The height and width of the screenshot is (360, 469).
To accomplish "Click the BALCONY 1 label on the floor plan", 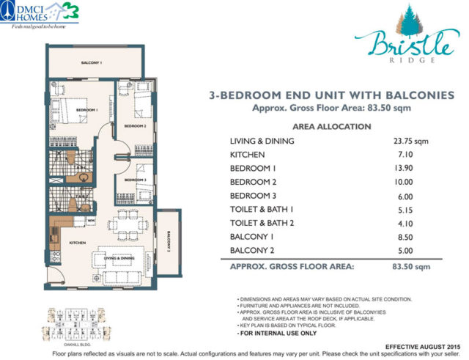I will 91,63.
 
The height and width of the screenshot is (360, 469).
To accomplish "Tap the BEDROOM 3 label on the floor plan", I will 136,180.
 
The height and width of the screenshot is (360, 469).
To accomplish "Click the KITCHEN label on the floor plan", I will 78,242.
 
